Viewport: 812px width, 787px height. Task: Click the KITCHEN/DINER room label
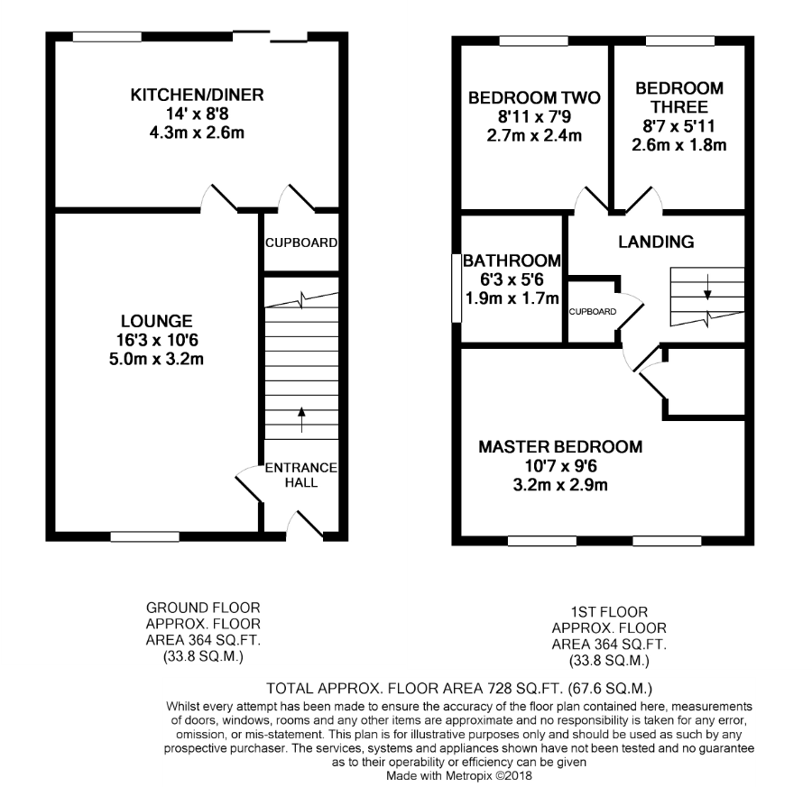197,96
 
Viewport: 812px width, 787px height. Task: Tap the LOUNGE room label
156,321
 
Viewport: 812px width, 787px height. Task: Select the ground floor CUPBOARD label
301,243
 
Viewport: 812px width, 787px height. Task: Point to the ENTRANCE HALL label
300,475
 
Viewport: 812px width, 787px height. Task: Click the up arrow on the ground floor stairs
301,419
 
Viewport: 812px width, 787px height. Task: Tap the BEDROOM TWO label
534,97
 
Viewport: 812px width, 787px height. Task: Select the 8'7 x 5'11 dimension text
678,125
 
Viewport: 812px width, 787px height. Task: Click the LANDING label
656,242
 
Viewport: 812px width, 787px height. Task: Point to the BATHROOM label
512,261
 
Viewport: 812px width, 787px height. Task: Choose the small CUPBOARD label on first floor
593,312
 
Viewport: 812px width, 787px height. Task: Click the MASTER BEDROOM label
560,447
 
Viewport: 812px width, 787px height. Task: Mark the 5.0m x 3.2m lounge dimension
156,359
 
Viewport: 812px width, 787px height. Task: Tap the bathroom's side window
457,288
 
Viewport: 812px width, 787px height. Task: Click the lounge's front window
145,536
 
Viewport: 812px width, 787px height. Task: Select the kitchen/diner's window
107,37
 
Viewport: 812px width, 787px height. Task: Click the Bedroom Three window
680,41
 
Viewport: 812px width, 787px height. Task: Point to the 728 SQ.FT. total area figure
524,689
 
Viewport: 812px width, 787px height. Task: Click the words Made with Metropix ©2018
459,775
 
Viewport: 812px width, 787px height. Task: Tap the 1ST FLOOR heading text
609,612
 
